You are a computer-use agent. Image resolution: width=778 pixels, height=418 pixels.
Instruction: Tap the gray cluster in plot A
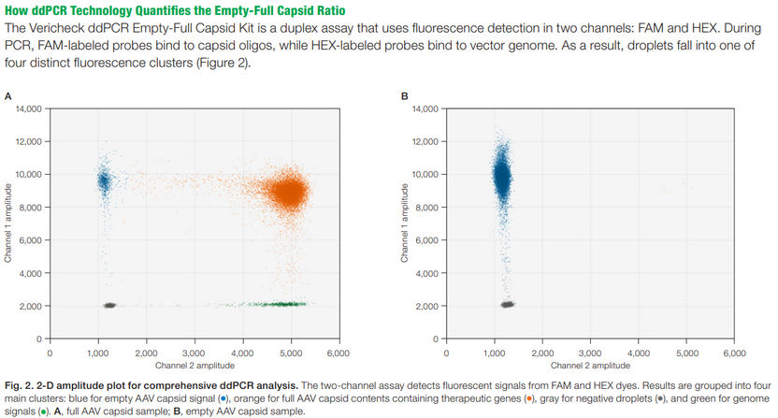point(109,305)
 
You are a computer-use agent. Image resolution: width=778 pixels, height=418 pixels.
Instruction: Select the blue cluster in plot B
point(501,178)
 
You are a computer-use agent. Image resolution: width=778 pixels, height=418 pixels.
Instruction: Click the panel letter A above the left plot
point(8,95)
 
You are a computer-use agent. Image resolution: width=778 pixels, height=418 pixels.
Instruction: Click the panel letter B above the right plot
point(405,95)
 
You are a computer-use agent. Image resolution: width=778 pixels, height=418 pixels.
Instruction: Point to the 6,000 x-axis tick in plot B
point(735,354)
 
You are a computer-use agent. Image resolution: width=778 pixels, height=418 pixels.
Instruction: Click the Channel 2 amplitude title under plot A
point(194,366)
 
